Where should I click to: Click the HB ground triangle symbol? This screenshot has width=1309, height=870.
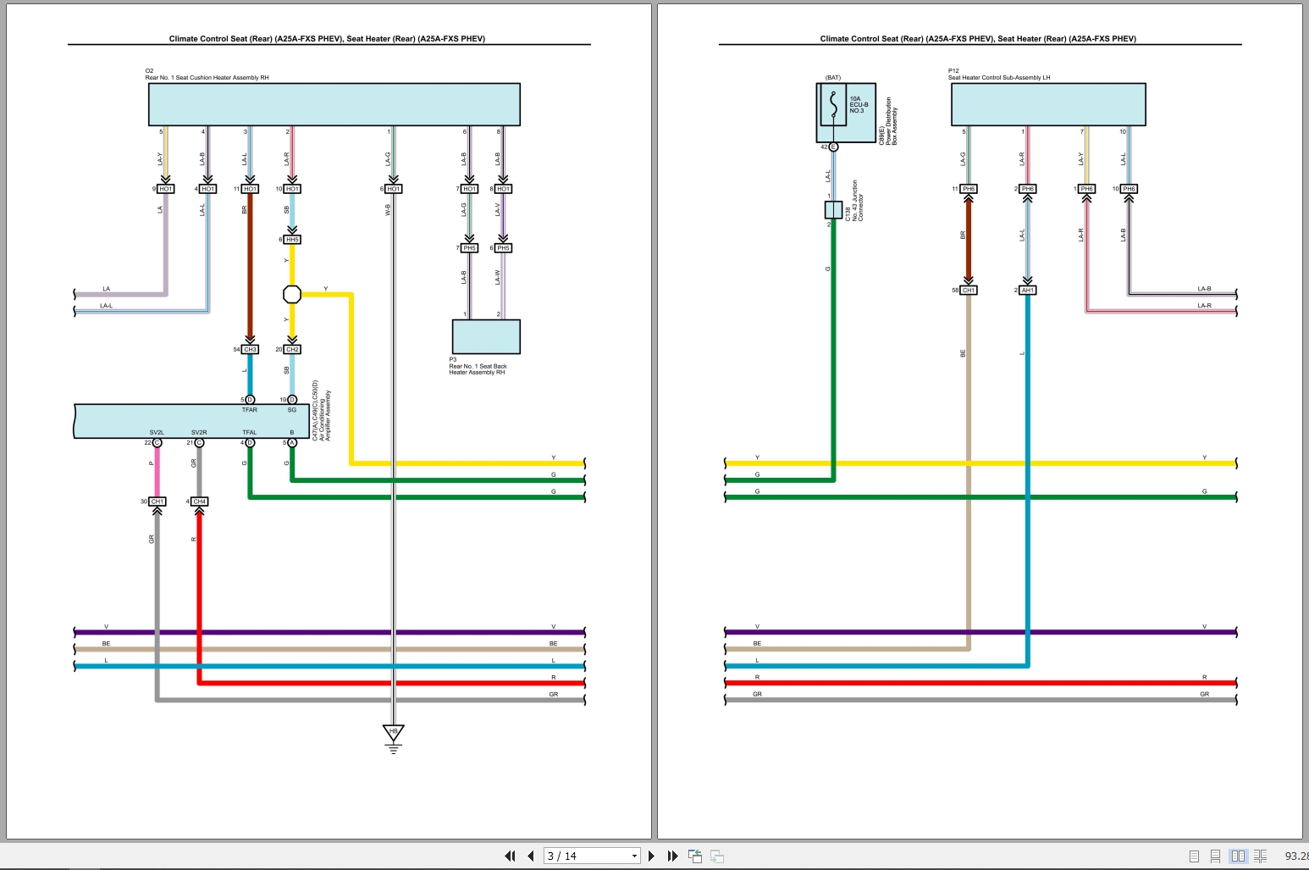[x=393, y=732]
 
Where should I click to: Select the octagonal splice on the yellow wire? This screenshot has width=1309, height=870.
[x=291, y=294]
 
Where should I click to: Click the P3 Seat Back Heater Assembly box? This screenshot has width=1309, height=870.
[x=486, y=336]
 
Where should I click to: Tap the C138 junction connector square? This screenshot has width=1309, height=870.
[x=833, y=210]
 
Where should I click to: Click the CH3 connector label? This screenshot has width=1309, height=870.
[x=250, y=349]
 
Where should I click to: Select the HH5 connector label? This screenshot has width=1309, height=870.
[x=292, y=240]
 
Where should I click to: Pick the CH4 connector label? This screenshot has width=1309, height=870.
[x=199, y=501]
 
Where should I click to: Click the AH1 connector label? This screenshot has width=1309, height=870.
[x=1027, y=290]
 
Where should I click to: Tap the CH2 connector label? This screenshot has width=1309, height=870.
[x=292, y=349]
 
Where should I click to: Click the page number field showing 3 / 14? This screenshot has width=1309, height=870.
[x=590, y=856]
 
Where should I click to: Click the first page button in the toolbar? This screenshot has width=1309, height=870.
[x=510, y=856]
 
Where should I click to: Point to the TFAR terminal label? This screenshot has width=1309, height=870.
[x=250, y=410]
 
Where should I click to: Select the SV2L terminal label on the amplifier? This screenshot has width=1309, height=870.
[x=157, y=432]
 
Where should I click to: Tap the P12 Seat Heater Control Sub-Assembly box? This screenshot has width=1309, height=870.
[x=1048, y=104]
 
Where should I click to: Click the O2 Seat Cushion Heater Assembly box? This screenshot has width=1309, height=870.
[x=334, y=104]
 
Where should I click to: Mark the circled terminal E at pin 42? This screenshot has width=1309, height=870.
[x=833, y=147]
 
